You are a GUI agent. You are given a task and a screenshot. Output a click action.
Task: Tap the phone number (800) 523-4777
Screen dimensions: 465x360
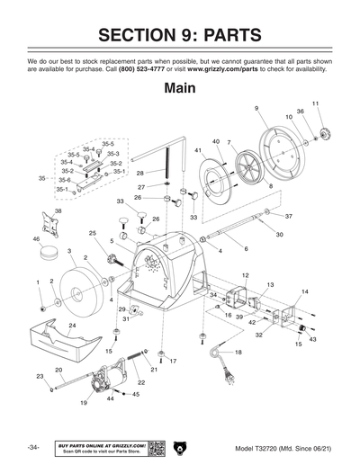[x=143, y=68]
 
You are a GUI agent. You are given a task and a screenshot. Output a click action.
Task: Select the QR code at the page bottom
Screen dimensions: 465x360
[x=154, y=447]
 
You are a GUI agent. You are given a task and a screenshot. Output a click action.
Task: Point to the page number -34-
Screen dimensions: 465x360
[x=33, y=448]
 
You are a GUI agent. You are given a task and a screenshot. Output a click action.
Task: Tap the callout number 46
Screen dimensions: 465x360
[x=36, y=239]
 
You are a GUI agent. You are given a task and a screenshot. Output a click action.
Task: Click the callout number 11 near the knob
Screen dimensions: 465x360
[x=315, y=104]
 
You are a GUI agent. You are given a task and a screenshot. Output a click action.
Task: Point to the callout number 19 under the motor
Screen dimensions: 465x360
[x=84, y=404]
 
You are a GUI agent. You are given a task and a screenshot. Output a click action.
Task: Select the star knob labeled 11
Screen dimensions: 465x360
[x=320, y=134]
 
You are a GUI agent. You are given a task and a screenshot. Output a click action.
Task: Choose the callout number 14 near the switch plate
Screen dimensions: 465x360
[x=304, y=291]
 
